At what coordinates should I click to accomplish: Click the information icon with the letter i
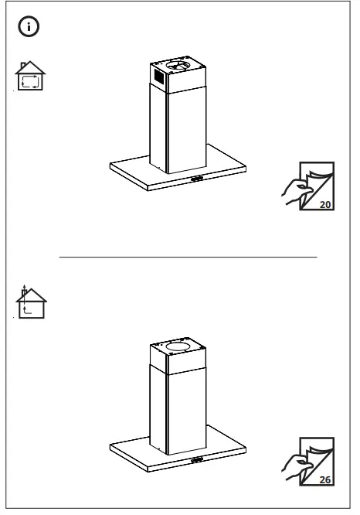coord(28,27)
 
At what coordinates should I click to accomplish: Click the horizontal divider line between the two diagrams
coord(188,256)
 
